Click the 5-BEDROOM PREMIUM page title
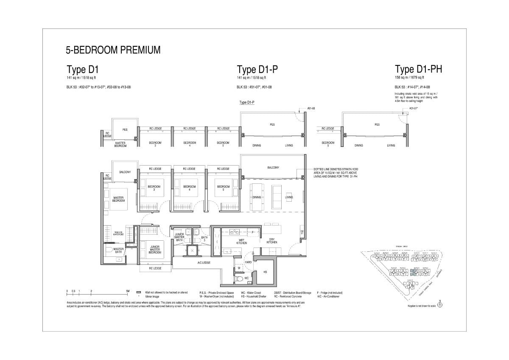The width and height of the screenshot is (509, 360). point(113,50)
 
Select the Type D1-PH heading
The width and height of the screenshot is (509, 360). point(418,69)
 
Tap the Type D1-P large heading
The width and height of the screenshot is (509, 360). point(257,70)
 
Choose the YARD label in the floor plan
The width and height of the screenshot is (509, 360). point(249,262)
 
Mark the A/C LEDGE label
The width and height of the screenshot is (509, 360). point(204,263)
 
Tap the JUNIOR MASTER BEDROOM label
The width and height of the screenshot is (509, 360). point(155,250)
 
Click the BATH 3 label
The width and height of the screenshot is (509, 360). point(204,239)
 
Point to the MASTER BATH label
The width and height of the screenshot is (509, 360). point(118,250)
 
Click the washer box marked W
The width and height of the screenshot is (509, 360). point(239,268)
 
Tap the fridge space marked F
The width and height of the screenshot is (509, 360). point(253,232)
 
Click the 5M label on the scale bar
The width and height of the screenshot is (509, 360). point(127,291)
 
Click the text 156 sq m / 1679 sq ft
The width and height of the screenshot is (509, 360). point(409,78)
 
